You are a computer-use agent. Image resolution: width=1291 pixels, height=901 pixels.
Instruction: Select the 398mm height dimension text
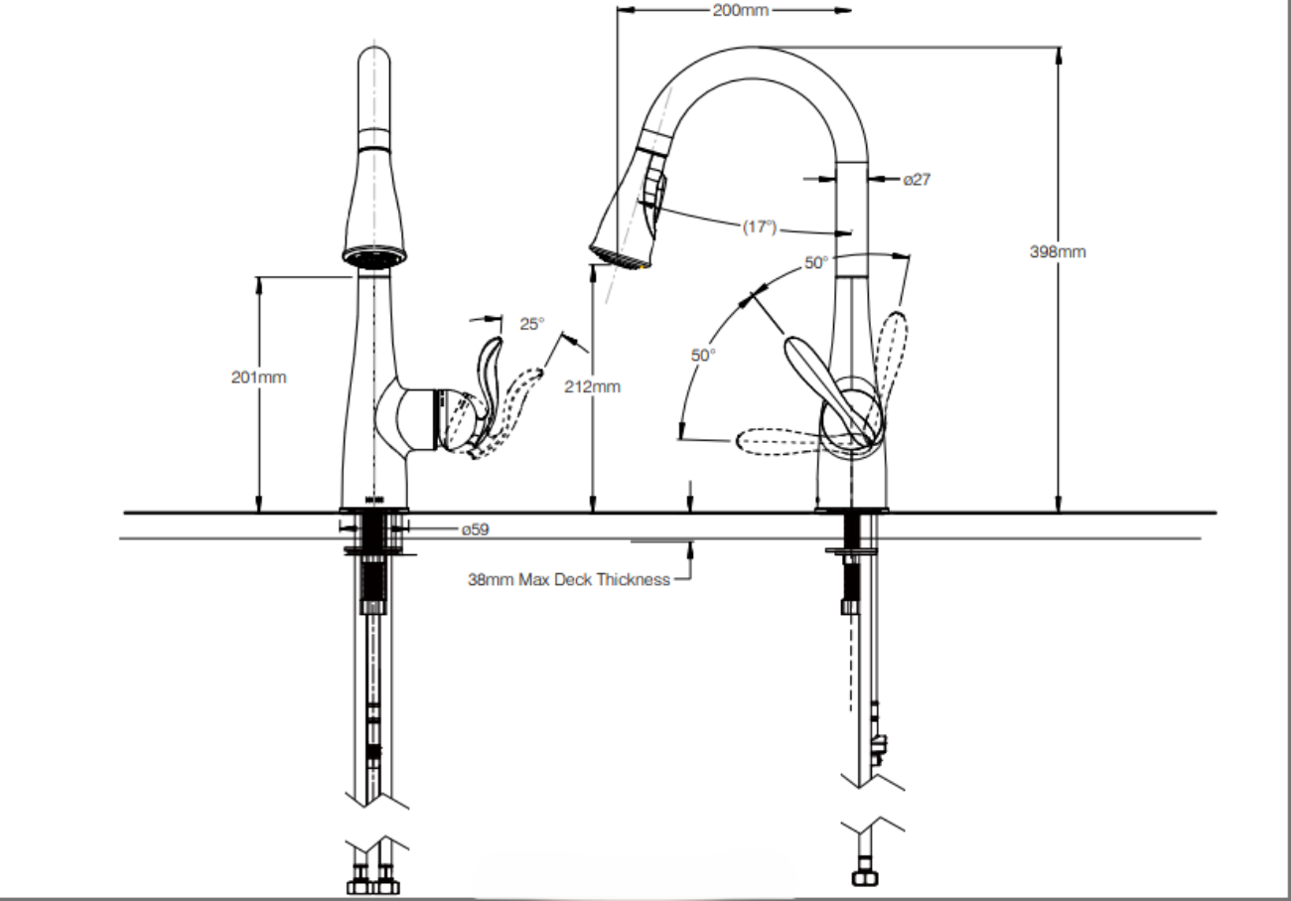[x=1058, y=251]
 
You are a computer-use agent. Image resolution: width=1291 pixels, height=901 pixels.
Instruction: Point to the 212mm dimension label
[x=593, y=386]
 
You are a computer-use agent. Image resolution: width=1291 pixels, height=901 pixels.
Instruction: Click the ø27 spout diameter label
[x=916, y=180]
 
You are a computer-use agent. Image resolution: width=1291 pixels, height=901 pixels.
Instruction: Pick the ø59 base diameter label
[x=475, y=529]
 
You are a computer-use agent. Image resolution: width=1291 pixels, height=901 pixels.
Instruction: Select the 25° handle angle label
[x=532, y=323]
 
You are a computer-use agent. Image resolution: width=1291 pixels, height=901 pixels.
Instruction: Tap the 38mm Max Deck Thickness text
[x=569, y=579]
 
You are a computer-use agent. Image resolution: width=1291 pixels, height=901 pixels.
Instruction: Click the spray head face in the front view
[x=375, y=256]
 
